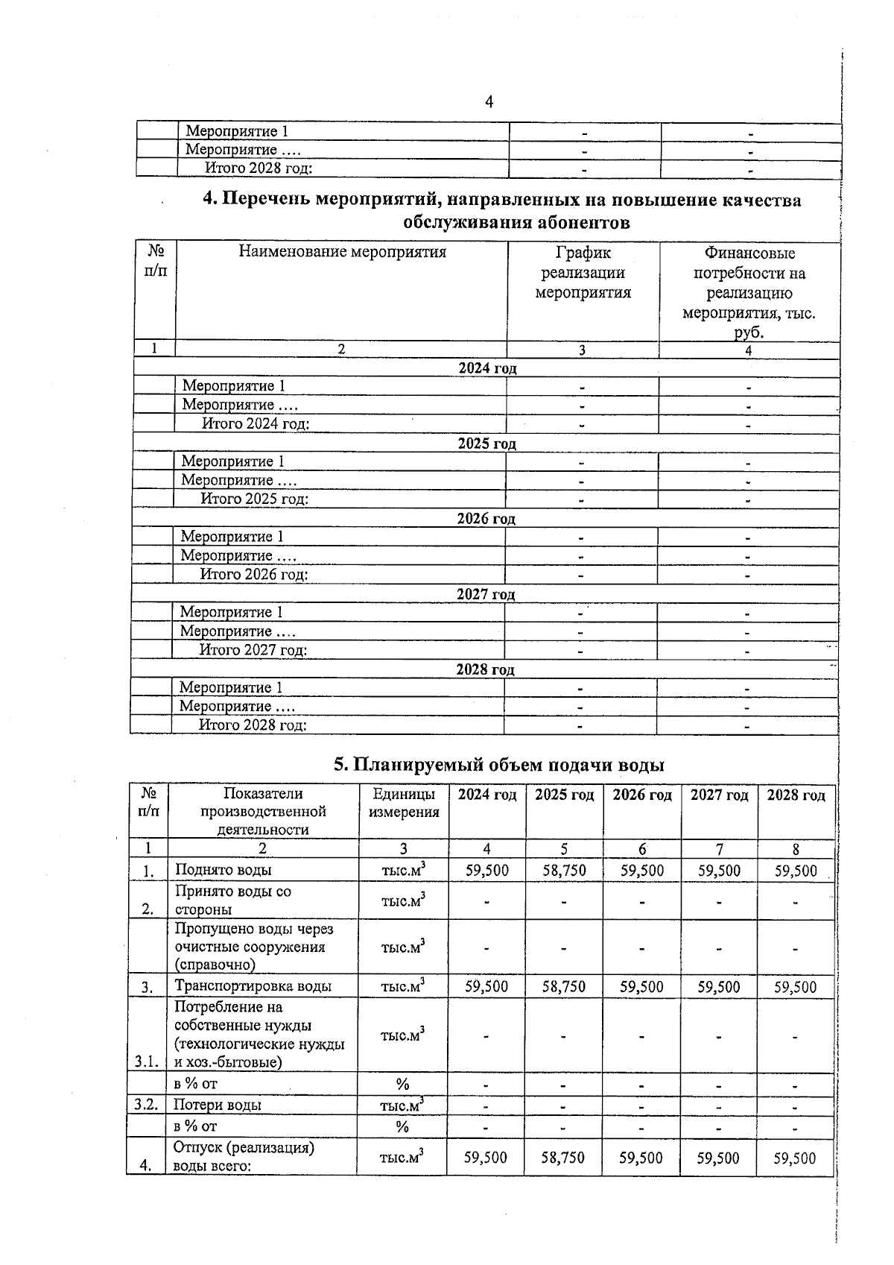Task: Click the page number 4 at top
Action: pyautogui.click(x=489, y=102)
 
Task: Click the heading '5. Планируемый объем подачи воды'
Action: pyautogui.click(x=498, y=765)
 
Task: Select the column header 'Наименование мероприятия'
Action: pyautogui.click(x=342, y=252)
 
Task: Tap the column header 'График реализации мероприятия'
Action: pyautogui.click(x=583, y=273)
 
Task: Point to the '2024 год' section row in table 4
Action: pyautogui.click(x=486, y=368)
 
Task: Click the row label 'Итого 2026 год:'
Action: pyautogui.click(x=253, y=575)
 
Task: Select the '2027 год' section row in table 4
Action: pyautogui.click(x=485, y=594)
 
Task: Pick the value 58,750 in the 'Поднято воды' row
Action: pyautogui.click(x=564, y=871)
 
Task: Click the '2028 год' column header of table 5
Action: pyautogui.click(x=796, y=795)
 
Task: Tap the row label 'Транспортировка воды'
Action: pyautogui.click(x=253, y=986)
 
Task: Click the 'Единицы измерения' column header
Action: pyautogui.click(x=404, y=804)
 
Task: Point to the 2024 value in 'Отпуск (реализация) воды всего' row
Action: pyautogui.click(x=486, y=1158)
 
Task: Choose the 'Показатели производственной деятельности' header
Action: pyautogui.click(x=263, y=811)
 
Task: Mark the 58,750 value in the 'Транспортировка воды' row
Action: pyautogui.click(x=564, y=987)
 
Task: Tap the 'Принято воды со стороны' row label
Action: pyautogui.click(x=232, y=900)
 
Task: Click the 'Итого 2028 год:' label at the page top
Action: pyautogui.click(x=258, y=168)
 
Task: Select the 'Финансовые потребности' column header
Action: pyautogui.click(x=749, y=293)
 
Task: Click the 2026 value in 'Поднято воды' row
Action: pyautogui.click(x=641, y=871)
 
